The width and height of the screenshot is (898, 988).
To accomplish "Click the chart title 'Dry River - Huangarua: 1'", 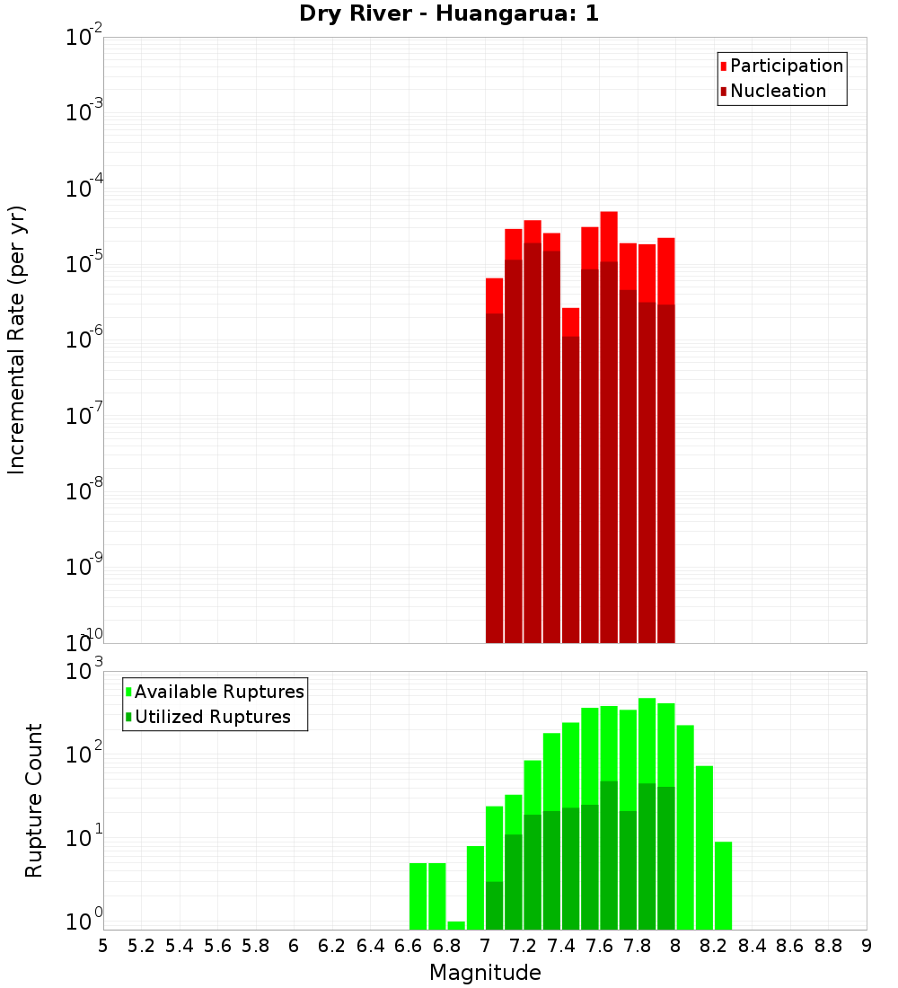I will coord(449,13).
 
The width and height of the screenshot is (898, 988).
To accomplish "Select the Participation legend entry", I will coord(781,66).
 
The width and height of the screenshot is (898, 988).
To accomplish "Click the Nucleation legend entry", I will coord(773,92).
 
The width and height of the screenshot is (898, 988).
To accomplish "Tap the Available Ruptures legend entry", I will coord(215,692).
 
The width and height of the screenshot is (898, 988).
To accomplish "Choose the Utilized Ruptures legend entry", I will coord(207,718).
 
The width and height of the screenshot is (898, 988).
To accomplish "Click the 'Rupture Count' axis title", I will coord(34,800).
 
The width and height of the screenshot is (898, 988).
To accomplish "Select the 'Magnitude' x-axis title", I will coord(485,973).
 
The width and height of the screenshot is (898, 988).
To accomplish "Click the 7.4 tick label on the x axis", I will coord(561,946).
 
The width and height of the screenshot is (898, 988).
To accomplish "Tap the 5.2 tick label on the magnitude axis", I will coord(141,946).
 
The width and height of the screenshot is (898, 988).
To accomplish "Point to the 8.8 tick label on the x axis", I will coord(829,946).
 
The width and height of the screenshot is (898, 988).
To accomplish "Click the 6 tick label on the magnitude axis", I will coord(294,946).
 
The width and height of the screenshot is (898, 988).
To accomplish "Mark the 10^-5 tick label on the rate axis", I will coord(84,264).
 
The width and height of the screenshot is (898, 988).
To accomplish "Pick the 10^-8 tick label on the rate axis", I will coord(84,491).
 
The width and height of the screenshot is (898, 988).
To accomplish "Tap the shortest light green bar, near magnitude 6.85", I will coord(456,925).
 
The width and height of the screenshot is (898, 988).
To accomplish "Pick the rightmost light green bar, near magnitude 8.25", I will coord(723,885).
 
